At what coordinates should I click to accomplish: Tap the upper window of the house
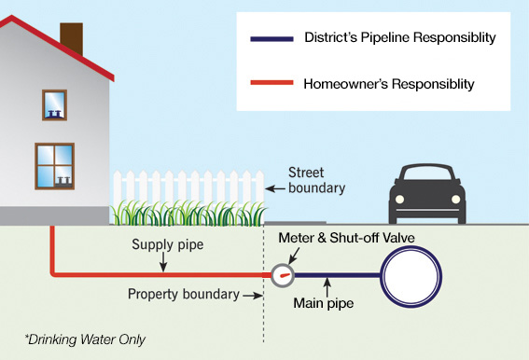pyautogui.click(x=54, y=104)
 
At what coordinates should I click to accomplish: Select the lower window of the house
pyautogui.click(x=54, y=166)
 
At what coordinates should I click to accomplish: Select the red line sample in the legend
pyautogui.click(x=271, y=85)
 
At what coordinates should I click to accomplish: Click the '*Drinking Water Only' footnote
pyautogui.click(x=85, y=338)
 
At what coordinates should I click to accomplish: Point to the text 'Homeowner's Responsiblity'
pyautogui.click(x=389, y=85)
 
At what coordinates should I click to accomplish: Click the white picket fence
pyautogui.click(x=187, y=191)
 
